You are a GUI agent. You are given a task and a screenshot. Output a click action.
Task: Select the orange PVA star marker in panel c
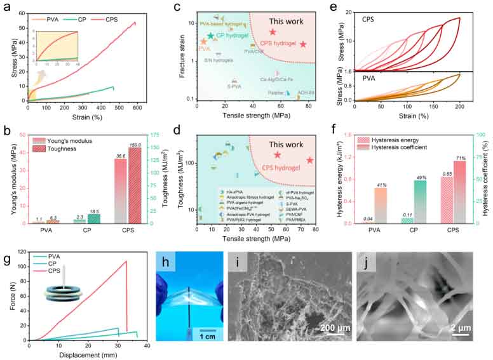pos(203,42)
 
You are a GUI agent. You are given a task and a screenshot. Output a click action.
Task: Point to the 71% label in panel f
pos(442,157)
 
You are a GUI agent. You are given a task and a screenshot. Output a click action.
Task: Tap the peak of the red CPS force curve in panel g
pos(126,262)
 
